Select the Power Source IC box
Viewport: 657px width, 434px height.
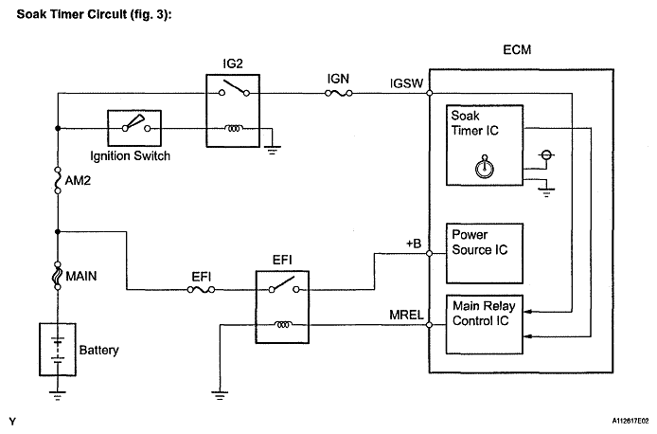pos(485,252)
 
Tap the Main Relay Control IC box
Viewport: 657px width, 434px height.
pos(485,323)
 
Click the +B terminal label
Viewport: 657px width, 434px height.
pos(413,244)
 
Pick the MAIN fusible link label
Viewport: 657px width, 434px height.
pos(85,278)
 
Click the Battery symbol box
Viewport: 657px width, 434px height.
pos(58,348)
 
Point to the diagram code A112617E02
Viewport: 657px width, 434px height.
pos(621,420)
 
